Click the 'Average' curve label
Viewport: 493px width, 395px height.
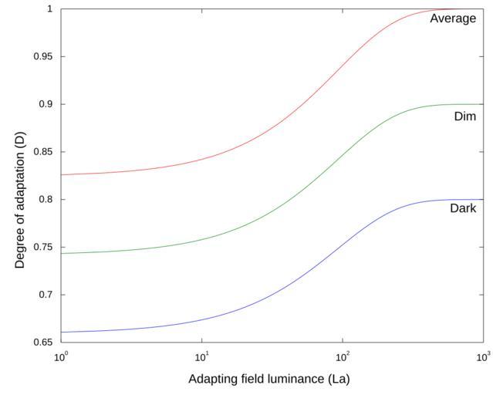(x=453, y=19)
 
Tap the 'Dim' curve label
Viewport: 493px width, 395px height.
(x=465, y=116)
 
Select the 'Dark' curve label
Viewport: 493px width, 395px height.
(x=463, y=208)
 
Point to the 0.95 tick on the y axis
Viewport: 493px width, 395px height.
(x=44, y=56)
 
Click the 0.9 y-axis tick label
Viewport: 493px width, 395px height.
(x=46, y=104)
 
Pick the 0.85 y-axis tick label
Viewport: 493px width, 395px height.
(x=44, y=152)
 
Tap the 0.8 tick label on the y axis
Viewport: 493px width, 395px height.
(x=46, y=199)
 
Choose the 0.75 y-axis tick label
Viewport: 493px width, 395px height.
(x=44, y=247)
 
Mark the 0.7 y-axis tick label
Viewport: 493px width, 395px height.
(x=46, y=295)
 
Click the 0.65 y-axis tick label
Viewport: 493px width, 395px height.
(x=44, y=342)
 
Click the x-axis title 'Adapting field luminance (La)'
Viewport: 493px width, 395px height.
(x=271, y=380)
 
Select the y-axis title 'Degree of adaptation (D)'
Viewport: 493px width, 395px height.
(x=20, y=176)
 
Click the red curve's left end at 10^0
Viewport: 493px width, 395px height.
(x=62, y=174)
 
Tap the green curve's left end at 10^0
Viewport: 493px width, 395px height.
(x=62, y=253)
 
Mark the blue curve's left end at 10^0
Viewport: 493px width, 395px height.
(x=62, y=332)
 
